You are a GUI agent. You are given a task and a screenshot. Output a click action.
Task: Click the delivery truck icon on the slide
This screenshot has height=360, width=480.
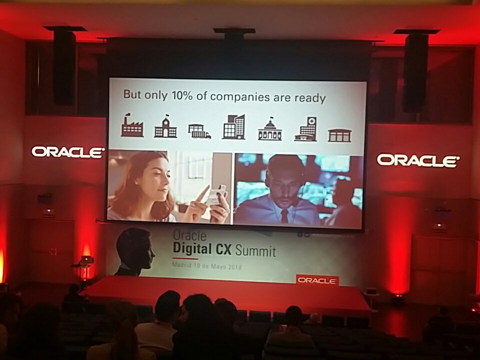199,131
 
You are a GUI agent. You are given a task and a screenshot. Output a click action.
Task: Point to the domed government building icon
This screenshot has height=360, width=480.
270,130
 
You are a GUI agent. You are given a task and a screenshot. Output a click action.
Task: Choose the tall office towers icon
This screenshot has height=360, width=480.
233,127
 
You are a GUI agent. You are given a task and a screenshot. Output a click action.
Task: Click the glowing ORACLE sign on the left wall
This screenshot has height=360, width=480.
67,151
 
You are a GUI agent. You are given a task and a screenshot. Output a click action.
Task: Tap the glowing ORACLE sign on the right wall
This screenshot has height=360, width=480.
417,160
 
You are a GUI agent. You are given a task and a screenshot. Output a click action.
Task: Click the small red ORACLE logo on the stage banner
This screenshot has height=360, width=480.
317,280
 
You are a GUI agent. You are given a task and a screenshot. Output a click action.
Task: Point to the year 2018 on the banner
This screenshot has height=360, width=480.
232,267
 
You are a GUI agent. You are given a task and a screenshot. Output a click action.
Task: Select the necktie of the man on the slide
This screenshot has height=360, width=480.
284,216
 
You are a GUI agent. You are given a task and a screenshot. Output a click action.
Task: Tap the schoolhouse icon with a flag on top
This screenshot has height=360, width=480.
165,127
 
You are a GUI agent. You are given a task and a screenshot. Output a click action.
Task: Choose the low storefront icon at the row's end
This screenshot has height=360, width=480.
339,135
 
